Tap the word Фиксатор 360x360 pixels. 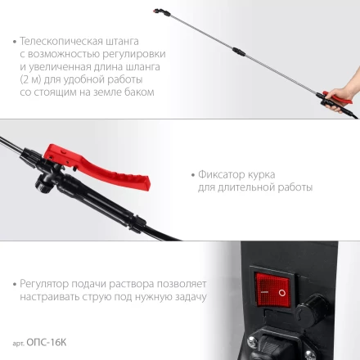pos(220,174)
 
